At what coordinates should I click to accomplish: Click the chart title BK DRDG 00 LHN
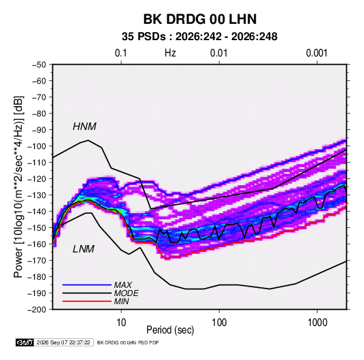pyautogui.click(x=200, y=19)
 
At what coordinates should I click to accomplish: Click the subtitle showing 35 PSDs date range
pyautogui.click(x=199, y=37)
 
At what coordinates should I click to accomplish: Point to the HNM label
pyautogui.click(x=84, y=127)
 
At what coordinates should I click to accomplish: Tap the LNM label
pyautogui.click(x=84, y=249)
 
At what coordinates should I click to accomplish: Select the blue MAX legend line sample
pyautogui.click(x=87, y=285)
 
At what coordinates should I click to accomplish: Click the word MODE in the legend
pyautogui.click(x=127, y=293)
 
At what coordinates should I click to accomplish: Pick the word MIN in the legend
pyautogui.click(x=121, y=301)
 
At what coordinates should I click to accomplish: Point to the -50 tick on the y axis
pyautogui.click(x=39, y=65)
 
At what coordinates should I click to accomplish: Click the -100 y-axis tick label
pyautogui.click(x=37, y=146)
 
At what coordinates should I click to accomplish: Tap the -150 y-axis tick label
pyautogui.click(x=37, y=228)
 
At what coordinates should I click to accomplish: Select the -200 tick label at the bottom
pyautogui.click(x=37, y=310)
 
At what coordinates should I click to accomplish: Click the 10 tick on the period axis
pyautogui.click(x=121, y=323)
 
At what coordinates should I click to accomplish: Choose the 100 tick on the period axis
pyautogui.click(x=219, y=323)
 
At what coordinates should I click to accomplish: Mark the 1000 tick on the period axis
pyautogui.click(x=317, y=323)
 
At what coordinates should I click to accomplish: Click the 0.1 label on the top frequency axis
pyautogui.click(x=121, y=53)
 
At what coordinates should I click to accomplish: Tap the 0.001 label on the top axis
pyautogui.click(x=317, y=53)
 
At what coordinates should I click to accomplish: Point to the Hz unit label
pyautogui.click(x=170, y=53)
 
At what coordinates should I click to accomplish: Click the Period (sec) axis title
pyautogui.click(x=170, y=330)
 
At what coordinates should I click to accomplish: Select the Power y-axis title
pyautogui.click(x=18, y=187)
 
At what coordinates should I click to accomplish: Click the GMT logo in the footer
pyautogui.click(x=25, y=342)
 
